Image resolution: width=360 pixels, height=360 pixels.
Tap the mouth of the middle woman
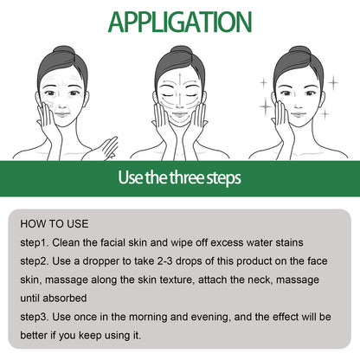(180, 126)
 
